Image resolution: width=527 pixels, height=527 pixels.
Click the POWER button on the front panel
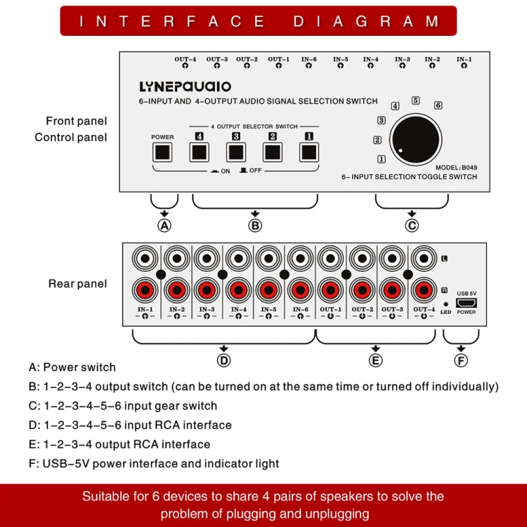[x=162, y=152]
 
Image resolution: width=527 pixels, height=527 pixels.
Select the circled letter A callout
[x=164, y=225]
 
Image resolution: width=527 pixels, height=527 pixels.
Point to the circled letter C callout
[x=412, y=225]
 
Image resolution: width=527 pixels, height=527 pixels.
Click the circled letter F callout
[x=462, y=360]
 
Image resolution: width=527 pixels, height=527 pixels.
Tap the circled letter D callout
[x=223, y=360]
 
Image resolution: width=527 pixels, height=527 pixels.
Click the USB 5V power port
[x=466, y=303]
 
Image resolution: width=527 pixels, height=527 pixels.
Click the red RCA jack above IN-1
[x=146, y=289]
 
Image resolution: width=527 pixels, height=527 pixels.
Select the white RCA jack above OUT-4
[x=424, y=258]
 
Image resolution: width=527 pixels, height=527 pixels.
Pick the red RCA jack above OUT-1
[x=331, y=289]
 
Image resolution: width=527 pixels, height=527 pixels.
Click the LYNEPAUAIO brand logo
[x=185, y=87]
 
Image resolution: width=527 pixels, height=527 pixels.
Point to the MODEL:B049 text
[x=455, y=168]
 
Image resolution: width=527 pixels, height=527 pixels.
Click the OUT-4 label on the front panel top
[x=185, y=60]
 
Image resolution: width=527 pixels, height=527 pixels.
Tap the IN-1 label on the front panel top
[x=464, y=60]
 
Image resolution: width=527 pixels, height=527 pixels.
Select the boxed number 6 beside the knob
[x=438, y=105]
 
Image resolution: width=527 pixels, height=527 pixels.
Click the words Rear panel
[x=77, y=284]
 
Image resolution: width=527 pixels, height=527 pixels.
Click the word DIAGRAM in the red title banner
[x=365, y=21]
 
